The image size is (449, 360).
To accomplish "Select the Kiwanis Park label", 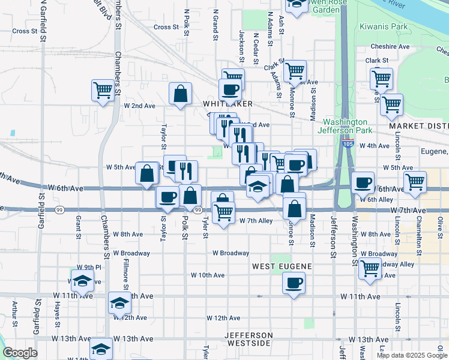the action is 384,27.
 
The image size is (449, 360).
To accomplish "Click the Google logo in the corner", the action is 20,353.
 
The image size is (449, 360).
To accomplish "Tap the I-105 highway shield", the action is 348,144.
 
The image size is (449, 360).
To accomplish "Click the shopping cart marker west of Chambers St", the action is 103,91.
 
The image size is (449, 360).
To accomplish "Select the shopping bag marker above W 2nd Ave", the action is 180,94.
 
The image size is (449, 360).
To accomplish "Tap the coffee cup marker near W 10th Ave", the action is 294,283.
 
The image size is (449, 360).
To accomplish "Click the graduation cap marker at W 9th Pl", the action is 82,280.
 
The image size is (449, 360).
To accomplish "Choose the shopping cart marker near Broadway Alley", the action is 370,269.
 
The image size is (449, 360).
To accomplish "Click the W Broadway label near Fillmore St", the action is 131,253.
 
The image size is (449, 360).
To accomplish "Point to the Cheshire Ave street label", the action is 390,46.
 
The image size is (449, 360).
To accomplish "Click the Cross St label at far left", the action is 25,31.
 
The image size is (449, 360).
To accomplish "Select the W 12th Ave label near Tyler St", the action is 223,318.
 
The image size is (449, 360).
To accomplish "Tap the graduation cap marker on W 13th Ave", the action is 101,349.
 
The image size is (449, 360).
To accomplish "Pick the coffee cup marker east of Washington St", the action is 363,182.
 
